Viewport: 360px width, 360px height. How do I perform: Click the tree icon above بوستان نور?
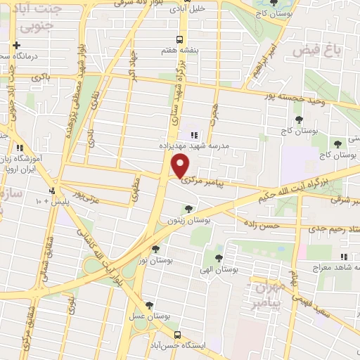click(x=155, y=249)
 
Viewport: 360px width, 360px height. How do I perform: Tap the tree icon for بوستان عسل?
click(x=148, y=305)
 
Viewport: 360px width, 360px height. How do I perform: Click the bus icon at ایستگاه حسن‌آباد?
click(x=179, y=335)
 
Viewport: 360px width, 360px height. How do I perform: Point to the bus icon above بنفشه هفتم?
click(x=181, y=39)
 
